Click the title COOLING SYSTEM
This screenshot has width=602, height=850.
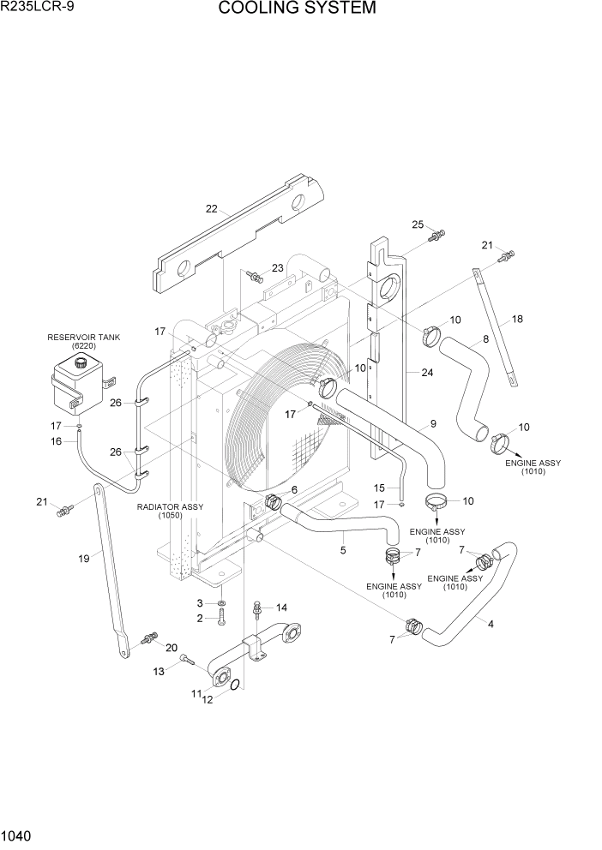tap(297, 9)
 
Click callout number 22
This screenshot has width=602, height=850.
tap(212, 208)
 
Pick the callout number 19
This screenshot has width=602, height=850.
tap(84, 559)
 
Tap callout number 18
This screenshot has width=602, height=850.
tap(517, 319)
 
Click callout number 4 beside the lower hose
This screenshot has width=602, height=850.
tap(491, 624)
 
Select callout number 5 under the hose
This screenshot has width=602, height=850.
tap(343, 550)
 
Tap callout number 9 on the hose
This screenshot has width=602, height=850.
tap(433, 423)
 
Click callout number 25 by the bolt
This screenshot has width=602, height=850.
tap(418, 224)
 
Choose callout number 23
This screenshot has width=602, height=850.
tap(277, 268)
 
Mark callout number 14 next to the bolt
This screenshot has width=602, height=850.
tap(281, 607)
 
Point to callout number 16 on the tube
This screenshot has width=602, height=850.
tap(57, 441)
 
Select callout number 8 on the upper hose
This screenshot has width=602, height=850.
tap(485, 339)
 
